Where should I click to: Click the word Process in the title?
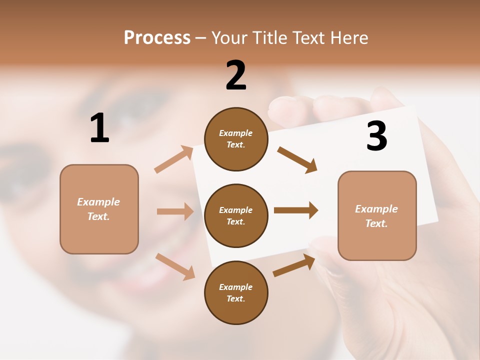pyautogui.click(x=157, y=38)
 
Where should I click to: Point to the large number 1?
pyautogui.click(x=99, y=128)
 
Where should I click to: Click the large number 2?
pyautogui.click(x=236, y=75)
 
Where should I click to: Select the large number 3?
pyautogui.click(x=376, y=136)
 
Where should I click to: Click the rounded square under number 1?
pyautogui.click(x=99, y=209)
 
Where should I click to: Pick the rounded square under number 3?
pyautogui.click(x=377, y=215)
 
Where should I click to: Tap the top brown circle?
pyautogui.click(x=236, y=139)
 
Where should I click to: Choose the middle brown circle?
pyautogui.click(x=236, y=215)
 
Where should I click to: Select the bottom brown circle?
pyautogui.click(x=236, y=292)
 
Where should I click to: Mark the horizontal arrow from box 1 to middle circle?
pyautogui.click(x=175, y=211)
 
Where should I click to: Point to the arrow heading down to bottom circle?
pyautogui.click(x=175, y=266)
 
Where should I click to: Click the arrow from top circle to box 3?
pyautogui.click(x=297, y=159)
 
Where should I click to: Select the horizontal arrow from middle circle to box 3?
pyautogui.click(x=295, y=210)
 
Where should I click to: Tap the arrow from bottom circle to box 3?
pyautogui.click(x=294, y=265)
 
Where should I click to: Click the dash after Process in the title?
pyautogui.click(x=200, y=38)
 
